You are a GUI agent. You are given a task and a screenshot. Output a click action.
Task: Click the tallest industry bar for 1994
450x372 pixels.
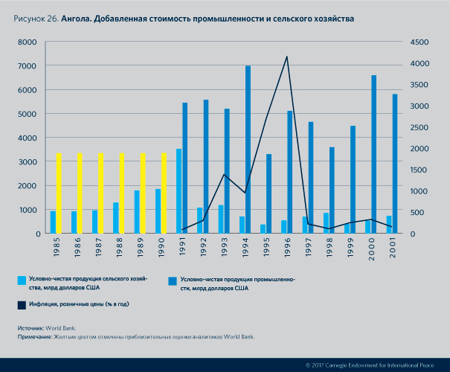tap(248, 149)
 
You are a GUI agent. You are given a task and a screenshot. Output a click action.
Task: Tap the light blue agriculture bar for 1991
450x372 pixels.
tap(179, 191)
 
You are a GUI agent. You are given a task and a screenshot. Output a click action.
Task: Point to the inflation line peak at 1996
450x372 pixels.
tap(287, 57)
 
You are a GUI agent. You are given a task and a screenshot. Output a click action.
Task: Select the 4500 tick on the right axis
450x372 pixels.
tap(419, 42)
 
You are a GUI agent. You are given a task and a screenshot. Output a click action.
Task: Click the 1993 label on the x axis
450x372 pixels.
tap(222, 247)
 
